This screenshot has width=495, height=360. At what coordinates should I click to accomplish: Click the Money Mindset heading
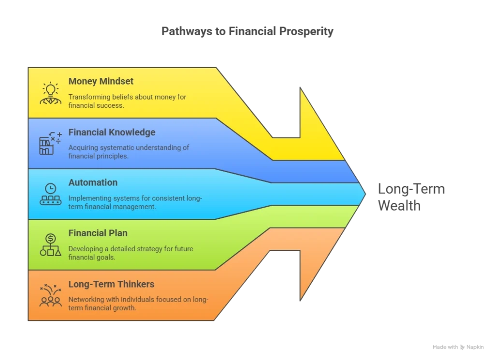(x=101, y=81)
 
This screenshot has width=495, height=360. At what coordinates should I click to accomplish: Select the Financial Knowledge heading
(x=112, y=132)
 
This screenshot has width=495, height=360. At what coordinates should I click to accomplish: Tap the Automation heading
(x=93, y=182)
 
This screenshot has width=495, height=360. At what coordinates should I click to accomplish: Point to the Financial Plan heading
(x=98, y=233)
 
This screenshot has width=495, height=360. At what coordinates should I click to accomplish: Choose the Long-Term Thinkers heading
(x=111, y=284)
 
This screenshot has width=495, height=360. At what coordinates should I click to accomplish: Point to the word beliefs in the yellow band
(x=123, y=97)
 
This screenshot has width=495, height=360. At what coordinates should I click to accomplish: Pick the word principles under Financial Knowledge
(x=113, y=156)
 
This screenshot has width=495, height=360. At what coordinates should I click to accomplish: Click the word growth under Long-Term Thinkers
(x=123, y=307)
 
